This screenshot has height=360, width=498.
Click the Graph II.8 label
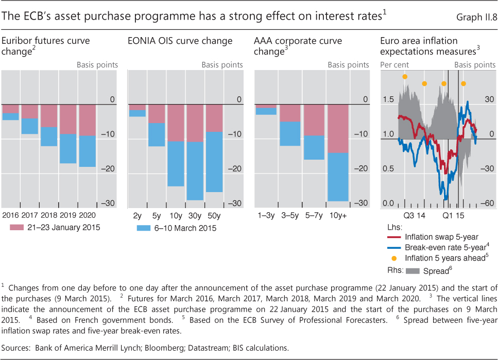coord(476,18)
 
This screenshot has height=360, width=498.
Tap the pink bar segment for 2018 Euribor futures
coord(49,116)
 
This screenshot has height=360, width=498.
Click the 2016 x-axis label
coord(11,215)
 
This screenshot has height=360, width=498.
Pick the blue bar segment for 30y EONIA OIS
coord(195,170)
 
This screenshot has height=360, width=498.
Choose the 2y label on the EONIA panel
coord(138,215)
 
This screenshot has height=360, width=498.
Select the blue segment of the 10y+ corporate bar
coord(338,177)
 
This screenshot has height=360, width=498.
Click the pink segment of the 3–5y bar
coord(290,113)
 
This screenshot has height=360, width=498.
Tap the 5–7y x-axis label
coord(314,215)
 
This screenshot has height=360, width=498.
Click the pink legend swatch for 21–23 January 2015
coord(17,227)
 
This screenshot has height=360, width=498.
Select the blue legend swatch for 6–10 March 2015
coord(145,228)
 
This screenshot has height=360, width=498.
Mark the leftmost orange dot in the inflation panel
coord(405,76)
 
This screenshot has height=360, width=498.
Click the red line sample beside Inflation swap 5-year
coord(394,237)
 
